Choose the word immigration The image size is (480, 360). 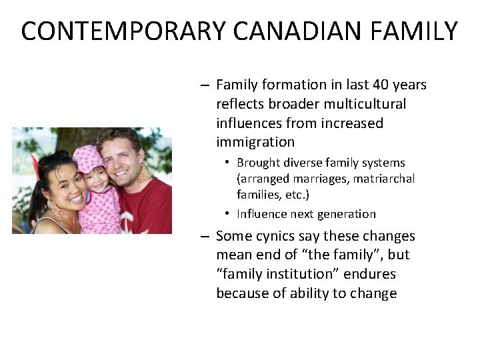[255, 142]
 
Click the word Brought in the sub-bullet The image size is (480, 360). [258, 163]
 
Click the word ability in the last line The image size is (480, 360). [312, 293]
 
